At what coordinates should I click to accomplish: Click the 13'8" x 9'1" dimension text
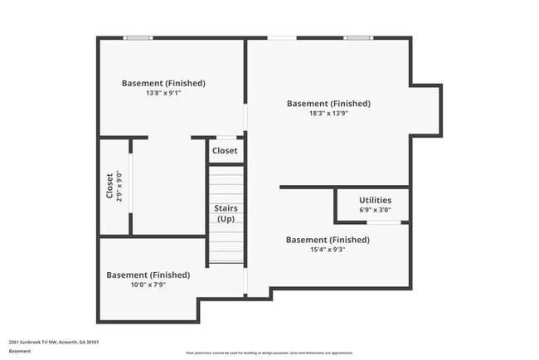coord(163,94)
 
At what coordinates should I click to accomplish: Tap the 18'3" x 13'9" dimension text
coord(328,114)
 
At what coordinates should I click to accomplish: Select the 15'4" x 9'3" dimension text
coord(328,250)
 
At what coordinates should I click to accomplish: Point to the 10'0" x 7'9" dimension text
coord(148,285)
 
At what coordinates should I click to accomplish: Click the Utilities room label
coord(375,200)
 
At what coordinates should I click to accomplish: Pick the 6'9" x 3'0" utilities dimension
coord(375,210)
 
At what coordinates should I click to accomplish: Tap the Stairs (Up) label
coord(226,213)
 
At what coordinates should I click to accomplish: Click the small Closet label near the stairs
coord(225,151)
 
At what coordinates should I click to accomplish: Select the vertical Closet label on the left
coord(109,186)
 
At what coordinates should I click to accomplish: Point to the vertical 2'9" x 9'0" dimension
coord(119,186)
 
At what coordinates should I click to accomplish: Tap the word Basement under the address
coord(20,351)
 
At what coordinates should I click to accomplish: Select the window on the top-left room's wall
coord(138,37)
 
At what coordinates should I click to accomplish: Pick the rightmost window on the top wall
coord(358,37)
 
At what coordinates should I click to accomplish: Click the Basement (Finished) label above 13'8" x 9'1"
coord(163,83)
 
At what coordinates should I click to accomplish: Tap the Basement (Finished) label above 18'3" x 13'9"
coord(328,104)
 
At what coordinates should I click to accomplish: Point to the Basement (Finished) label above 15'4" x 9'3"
coord(328,240)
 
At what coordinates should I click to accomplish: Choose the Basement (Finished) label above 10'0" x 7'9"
coord(148,275)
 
